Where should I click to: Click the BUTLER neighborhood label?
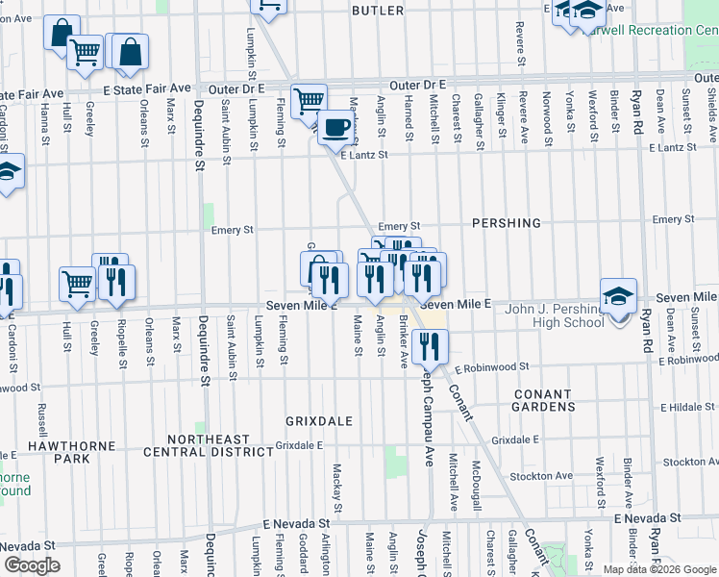pyautogui.click(x=378, y=10)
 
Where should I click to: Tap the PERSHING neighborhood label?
pyautogui.click(x=507, y=223)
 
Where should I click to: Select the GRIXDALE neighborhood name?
pyautogui.click(x=320, y=421)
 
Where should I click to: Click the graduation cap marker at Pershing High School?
pyautogui.click(x=618, y=294)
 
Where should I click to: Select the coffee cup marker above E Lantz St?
pyautogui.click(x=335, y=126)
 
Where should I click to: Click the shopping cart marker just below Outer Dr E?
pyautogui.click(x=309, y=99)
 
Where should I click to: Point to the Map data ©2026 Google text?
pyautogui.click(x=659, y=569)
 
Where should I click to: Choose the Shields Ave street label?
pyautogui.click(x=709, y=108)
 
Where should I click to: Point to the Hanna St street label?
pyautogui.click(x=44, y=126)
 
